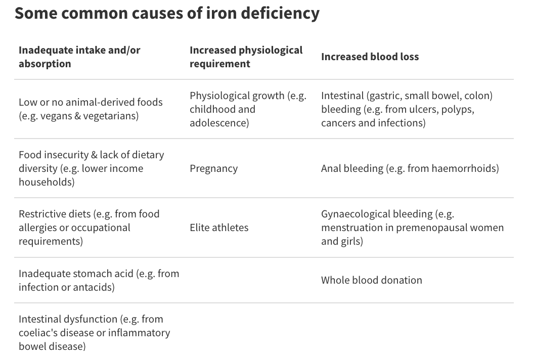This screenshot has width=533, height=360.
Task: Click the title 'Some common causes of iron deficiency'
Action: [x=167, y=13]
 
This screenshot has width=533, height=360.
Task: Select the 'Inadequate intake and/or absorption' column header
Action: [x=79, y=57]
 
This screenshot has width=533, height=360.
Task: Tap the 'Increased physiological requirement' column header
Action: [x=246, y=57]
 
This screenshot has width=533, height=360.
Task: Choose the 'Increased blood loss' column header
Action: [x=370, y=57]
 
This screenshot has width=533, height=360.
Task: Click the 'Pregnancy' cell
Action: [x=213, y=168]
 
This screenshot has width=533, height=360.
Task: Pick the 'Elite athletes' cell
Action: [x=219, y=228]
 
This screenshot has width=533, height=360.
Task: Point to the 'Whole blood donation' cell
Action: [x=371, y=280]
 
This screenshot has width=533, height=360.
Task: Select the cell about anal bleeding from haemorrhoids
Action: [x=410, y=168]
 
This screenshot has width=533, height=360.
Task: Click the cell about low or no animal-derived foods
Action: [x=91, y=109]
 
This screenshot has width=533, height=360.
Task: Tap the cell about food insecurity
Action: [x=91, y=168]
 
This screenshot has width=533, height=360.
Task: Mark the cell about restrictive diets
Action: [x=89, y=228]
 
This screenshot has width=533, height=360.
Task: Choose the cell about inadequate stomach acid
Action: [x=99, y=280]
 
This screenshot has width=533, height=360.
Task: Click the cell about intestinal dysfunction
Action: [x=94, y=333]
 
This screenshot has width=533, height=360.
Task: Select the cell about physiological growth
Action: [x=248, y=109]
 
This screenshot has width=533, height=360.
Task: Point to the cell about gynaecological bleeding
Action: [x=412, y=228]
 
